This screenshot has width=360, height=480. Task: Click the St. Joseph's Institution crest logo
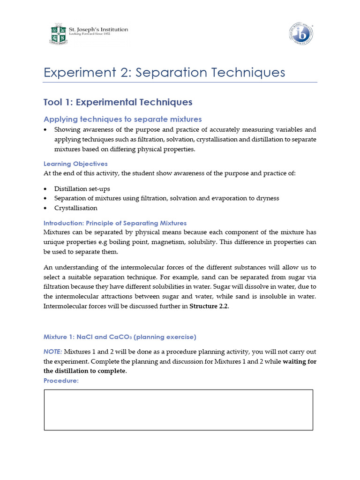59,34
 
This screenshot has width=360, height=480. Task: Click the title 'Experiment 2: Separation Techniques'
164,73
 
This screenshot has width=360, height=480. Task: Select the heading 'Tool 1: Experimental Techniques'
118,102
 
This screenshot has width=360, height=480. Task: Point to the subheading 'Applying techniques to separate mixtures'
122,119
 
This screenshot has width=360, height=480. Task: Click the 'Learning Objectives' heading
75,164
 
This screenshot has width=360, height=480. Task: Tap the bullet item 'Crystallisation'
76,208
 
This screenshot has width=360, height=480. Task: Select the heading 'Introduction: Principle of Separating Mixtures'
115,223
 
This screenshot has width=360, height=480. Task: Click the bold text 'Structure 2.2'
209,307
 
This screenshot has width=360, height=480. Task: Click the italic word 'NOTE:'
52,352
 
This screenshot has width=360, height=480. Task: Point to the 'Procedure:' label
61,380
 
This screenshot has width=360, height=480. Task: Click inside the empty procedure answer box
178,410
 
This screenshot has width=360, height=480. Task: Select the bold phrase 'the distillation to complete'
85,371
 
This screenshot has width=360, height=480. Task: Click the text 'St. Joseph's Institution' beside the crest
98,30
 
